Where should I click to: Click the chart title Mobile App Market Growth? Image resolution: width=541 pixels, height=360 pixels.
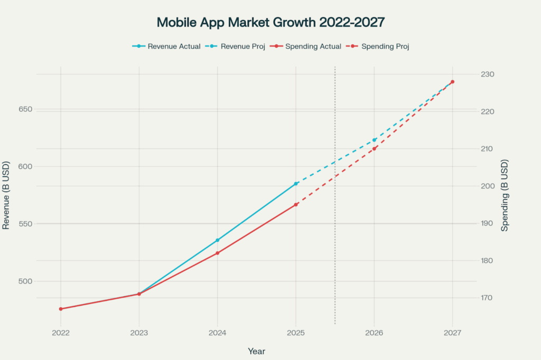270,22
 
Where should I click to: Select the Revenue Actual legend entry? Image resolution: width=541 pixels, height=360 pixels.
166,46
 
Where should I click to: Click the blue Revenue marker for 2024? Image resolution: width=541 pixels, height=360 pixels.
218,240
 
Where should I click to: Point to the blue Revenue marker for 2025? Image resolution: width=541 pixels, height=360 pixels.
296,184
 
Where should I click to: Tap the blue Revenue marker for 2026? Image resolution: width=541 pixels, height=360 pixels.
374,140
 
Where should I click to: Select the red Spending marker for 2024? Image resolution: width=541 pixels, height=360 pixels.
218,253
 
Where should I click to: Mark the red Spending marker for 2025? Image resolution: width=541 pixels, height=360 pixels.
296,204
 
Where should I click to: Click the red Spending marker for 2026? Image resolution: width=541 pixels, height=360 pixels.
374,149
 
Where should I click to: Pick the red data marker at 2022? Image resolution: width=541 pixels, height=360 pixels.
61,309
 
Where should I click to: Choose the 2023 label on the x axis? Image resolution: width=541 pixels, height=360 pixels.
139,333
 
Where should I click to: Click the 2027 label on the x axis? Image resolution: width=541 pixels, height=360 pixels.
452,333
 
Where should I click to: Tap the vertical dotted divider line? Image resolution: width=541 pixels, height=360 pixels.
335,238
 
